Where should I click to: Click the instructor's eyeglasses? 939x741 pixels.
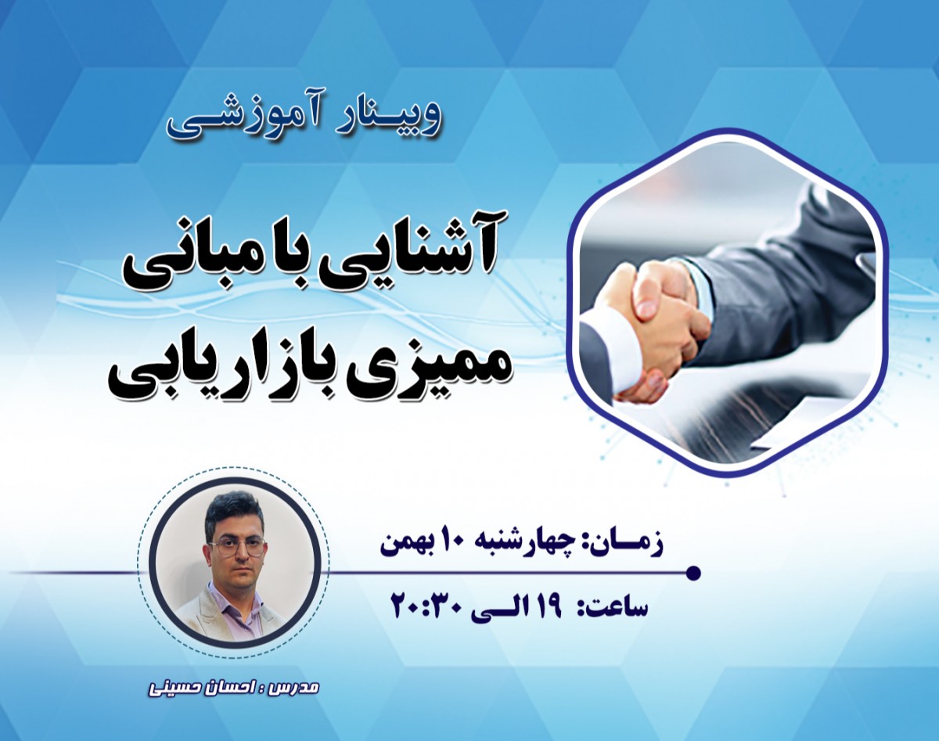236,546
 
